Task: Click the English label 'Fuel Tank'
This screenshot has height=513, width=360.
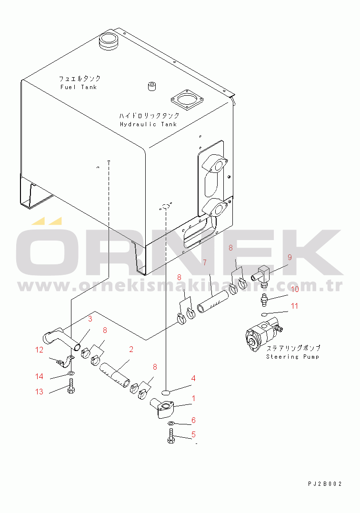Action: [79, 87]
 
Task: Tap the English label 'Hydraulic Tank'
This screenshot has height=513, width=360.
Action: [149, 124]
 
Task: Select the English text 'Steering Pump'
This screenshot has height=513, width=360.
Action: [293, 357]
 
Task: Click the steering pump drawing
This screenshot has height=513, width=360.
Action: [263, 336]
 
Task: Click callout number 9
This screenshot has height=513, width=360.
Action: [290, 258]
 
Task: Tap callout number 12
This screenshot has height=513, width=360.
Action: [39, 350]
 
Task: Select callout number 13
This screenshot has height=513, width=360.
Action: [39, 392]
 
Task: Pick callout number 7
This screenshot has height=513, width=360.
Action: [205, 263]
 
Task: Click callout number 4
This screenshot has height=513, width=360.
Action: [193, 379]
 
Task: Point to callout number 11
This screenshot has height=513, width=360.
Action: [295, 306]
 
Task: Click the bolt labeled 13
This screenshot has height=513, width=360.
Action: [71, 386]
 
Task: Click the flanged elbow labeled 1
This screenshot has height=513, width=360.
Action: [163, 408]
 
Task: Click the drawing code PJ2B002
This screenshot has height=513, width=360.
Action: [325, 484]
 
